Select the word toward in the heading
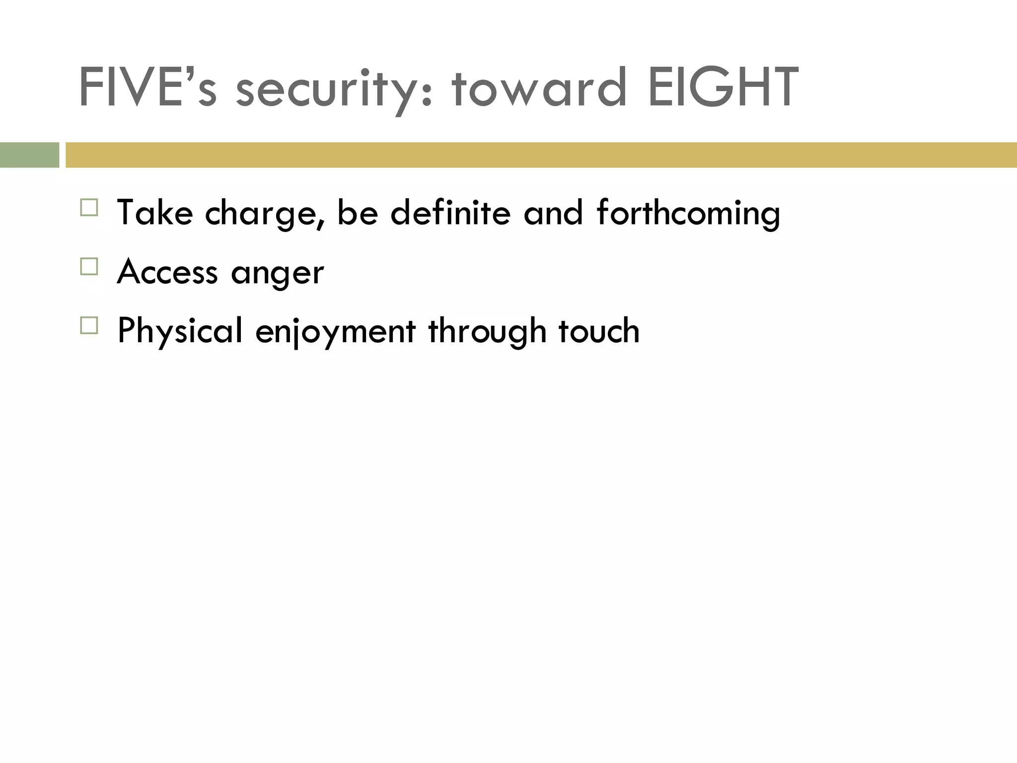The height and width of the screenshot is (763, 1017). pos(539,88)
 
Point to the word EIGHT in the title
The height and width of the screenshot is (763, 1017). pos(723,88)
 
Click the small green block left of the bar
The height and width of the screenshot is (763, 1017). pos(29,155)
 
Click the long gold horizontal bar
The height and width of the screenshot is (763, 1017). pos(541,155)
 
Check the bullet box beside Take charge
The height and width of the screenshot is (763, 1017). pos(89,208)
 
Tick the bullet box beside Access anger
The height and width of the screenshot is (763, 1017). pos(89,267)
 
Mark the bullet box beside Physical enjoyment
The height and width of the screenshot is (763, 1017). pos(89,325)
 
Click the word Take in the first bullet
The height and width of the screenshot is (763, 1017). pos(154,213)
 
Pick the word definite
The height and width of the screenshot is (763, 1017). pos(450,213)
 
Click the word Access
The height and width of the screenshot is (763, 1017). pos(167,272)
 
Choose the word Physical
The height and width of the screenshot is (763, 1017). pos(180,331)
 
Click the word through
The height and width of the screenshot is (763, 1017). pos(487,332)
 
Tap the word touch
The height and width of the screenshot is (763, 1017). pos(599,331)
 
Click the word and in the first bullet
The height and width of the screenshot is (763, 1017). pos(553,213)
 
